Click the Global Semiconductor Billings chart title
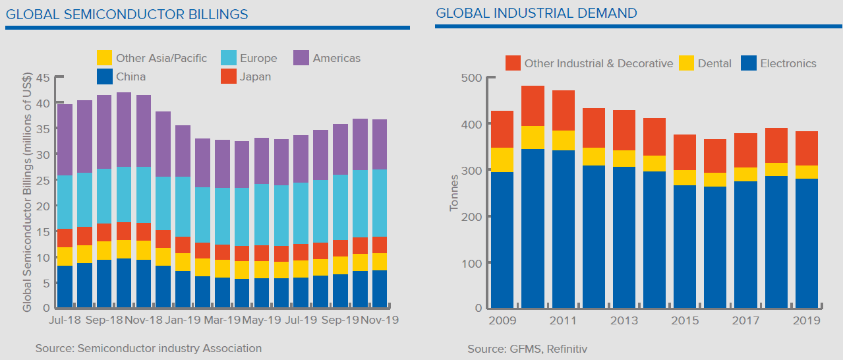(127, 14)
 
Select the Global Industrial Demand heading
(537, 13)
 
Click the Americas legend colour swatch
(302, 58)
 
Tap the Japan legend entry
(246, 76)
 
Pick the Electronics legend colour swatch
(749, 63)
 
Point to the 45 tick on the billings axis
(43, 78)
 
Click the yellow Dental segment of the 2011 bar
(563, 140)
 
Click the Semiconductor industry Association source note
(148, 348)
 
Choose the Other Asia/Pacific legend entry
(153, 58)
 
